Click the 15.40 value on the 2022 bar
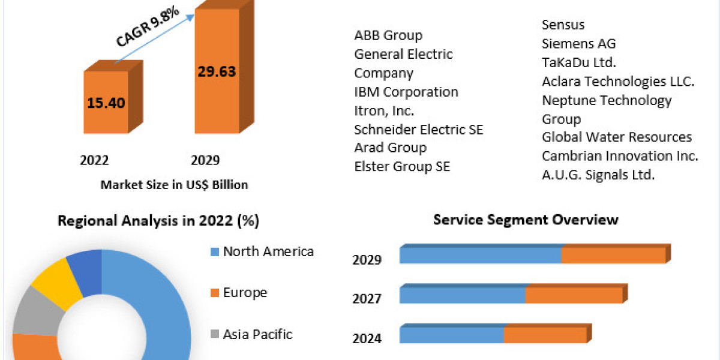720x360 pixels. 106,103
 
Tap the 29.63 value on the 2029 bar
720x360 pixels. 217,71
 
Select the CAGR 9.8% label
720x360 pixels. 148,26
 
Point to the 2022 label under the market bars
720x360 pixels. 94,160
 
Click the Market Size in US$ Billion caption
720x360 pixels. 174,185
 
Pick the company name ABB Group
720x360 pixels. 388,35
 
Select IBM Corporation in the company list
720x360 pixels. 406,92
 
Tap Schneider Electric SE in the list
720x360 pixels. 419,130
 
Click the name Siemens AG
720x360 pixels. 578,43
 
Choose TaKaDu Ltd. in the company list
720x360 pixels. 579,62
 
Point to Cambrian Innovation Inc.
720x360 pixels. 620,156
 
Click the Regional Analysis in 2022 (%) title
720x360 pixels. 158,221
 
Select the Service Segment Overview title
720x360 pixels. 526,220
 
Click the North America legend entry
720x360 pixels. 262,251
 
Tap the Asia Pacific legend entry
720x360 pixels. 251,334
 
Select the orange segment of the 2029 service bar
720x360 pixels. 613,256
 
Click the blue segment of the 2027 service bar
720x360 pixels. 462,295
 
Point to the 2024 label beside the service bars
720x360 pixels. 367,338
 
